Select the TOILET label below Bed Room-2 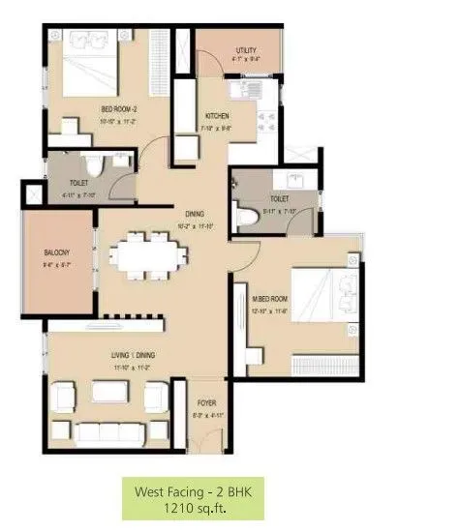79,182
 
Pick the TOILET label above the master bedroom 280,198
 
